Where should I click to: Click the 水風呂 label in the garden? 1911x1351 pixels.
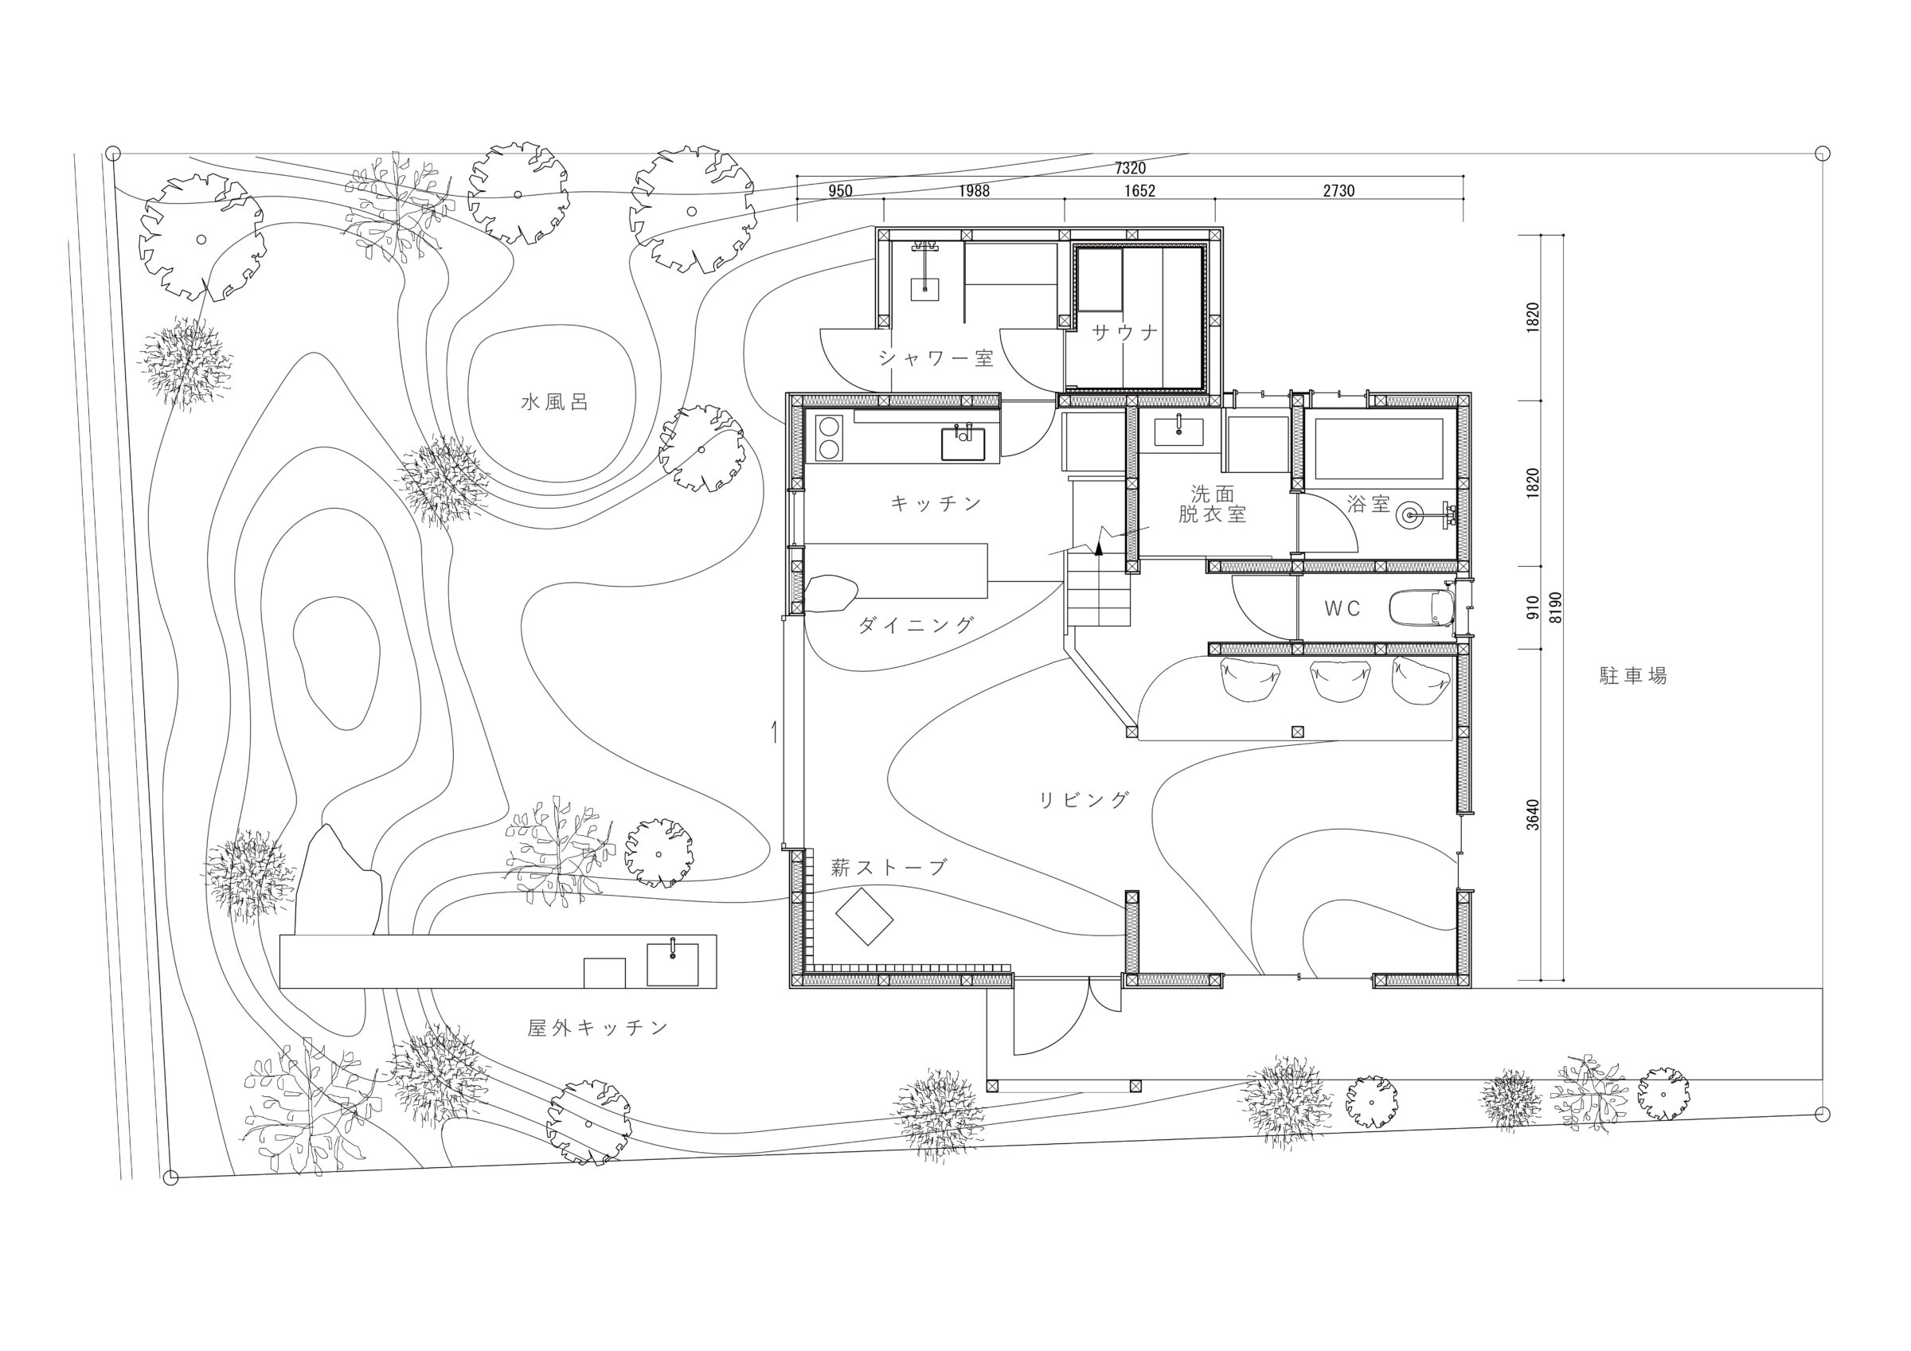(554, 403)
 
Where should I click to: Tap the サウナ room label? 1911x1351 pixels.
(1125, 333)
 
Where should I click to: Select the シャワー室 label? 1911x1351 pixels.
(936, 359)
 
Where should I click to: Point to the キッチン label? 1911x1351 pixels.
(936, 503)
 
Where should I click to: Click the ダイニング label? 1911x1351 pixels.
(916, 625)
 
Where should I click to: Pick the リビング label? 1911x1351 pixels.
(1084, 800)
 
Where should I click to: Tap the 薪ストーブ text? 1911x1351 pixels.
(889, 868)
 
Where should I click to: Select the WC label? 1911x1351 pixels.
(1342, 609)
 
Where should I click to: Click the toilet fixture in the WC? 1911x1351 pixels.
(1421, 607)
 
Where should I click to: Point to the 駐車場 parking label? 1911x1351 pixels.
(1633, 676)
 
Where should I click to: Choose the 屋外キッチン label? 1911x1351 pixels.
(599, 1028)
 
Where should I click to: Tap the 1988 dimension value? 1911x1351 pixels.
(974, 190)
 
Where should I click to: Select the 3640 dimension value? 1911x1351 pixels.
(1533, 814)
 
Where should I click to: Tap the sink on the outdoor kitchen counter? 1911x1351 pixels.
(673, 966)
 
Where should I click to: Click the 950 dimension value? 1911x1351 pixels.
(840, 190)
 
